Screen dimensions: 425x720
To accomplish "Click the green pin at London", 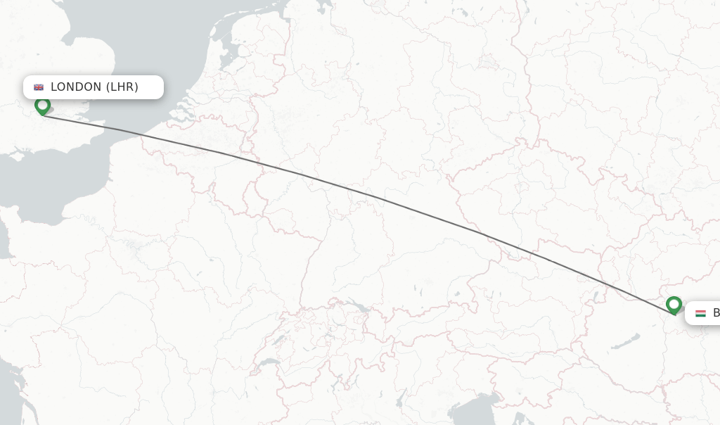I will point(42,106).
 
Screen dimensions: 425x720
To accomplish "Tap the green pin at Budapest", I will point(674,305).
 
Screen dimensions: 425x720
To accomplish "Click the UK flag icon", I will point(39,87).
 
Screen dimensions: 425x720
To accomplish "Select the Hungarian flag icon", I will point(700,313).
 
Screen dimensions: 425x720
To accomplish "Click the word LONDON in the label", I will point(76,87).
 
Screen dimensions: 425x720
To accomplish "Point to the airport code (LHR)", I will point(122,87).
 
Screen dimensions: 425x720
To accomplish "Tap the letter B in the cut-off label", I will point(716,313).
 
